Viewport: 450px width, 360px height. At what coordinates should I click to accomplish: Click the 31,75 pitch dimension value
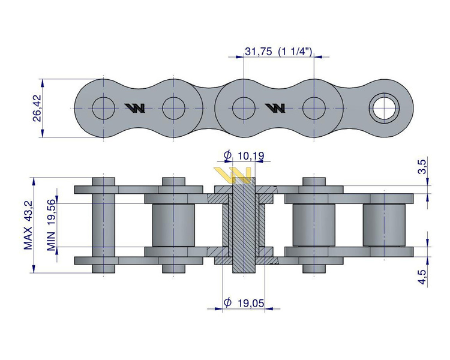[x=259, y=52]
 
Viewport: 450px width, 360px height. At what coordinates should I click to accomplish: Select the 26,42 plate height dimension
[x=37, y=108]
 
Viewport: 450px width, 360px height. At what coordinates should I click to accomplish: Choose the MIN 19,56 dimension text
[x=52, y=224]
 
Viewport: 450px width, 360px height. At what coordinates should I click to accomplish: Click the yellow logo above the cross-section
[x=234, y=174]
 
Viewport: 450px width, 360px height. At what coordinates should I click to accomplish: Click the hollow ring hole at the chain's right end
[x=383, y=108]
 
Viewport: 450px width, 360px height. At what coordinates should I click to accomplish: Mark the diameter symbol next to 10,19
[x=227, y=156]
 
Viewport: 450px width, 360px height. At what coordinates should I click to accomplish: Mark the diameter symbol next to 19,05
[x=227, y=303]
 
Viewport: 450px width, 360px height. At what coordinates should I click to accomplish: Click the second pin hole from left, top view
[x=173, y=108]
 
